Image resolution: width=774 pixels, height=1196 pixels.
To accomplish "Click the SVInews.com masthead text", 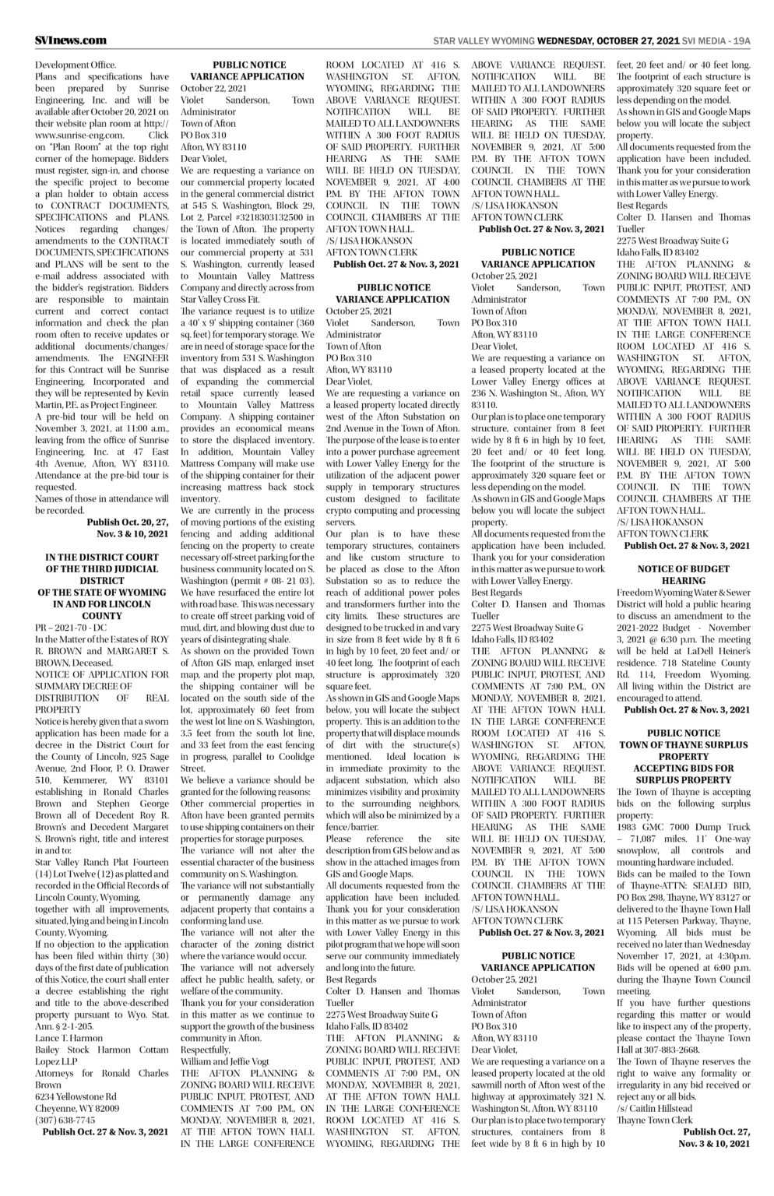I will pyautogui.click(x=70, y=40).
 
